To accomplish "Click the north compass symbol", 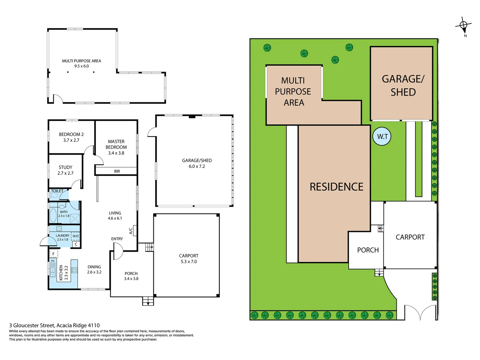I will click(x=463, y=25).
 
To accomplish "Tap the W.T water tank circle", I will click(x=382, y=136).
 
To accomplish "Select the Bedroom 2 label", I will click(x=71, y=134).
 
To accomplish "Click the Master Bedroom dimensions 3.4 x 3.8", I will click(x=116, y=153).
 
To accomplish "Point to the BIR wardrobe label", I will click(x=117, y=171).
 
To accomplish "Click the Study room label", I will click(x=65, y=167).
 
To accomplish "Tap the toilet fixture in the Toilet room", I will click(x=54, y=195).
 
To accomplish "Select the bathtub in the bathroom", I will click(x=53, y=215).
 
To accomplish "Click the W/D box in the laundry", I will click(x=76, y=236).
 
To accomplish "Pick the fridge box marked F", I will click(x=53, y=254).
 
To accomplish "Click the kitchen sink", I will click(x=53, y=270).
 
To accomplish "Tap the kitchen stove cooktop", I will click(x=74, y=270).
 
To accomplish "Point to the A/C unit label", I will click(x=131, y=231).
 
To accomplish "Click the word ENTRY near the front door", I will click(x=117, y=239).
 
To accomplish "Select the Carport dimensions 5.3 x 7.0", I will click(x=189, y=262).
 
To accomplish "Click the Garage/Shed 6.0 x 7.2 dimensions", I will click(x=197, y=166).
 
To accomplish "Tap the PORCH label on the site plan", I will click(x=368, y=250).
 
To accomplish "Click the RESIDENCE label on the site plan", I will click(x=336, y=187).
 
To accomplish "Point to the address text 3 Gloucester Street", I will click(x=54, y=325).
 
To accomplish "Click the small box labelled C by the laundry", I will click(x=76, y=244).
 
